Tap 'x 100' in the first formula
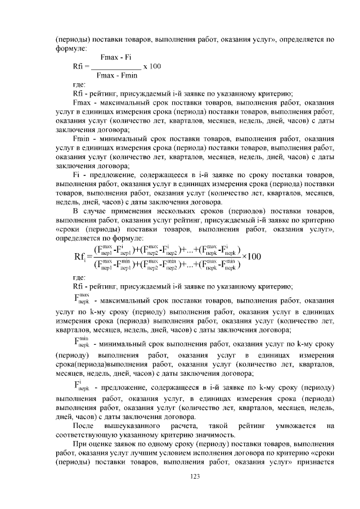click(x=152, y=66)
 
